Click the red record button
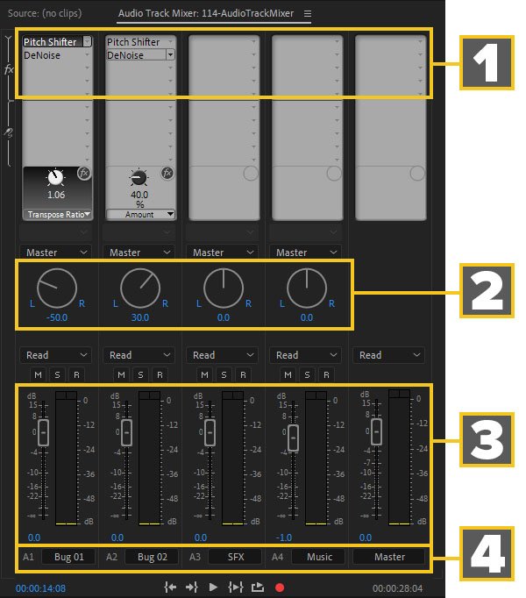tap(280, 587)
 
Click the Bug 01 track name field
tap(68, 557)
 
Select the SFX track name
tap(235, 557)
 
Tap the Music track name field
tap(319, 557)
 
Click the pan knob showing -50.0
tap(57, 288)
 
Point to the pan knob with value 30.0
tap(140, 288)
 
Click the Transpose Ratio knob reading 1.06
tap(56, 177)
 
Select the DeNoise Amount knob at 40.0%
tap(139, 178)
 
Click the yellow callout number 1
tap(487, 62)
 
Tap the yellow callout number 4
tap(487, 553)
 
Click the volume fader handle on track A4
tap(293, 438)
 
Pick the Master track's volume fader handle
tap(376, 431)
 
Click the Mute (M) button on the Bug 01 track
tap(38, 375)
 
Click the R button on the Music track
tap(326, 375)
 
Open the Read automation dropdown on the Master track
tap(388, 355)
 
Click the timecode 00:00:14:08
tap(40, 588)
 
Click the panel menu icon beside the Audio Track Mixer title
tap(308, 14)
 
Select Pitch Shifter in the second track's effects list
tap(133, 42)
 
